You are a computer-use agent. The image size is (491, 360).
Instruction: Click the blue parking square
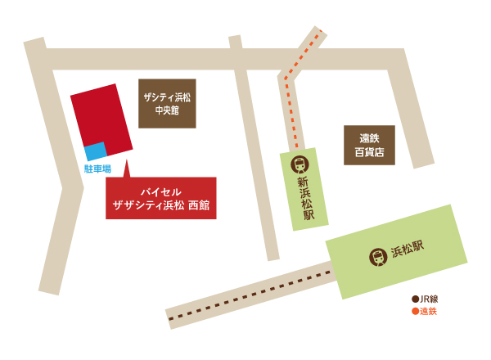point(96,151)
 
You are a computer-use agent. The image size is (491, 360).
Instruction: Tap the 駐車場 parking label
point(98,169)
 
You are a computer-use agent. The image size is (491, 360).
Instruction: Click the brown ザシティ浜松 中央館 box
point(168,103)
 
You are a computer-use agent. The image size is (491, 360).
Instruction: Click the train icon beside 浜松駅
point(377,256)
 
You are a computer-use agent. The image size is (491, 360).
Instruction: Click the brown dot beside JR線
point(415,299)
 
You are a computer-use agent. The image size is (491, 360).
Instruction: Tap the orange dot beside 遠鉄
point(415,311)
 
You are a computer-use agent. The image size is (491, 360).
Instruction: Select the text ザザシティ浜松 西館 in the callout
point(161,206)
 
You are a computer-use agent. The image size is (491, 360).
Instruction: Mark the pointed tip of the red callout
point(126,162)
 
